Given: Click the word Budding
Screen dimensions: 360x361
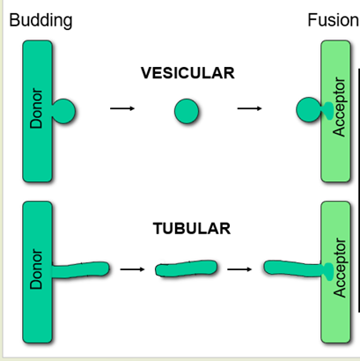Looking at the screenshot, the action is [40, 21].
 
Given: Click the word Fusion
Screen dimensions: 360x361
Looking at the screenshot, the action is [334, 20].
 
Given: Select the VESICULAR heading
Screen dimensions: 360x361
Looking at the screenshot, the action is [187, 73].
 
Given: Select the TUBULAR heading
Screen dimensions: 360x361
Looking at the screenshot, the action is [192, 228].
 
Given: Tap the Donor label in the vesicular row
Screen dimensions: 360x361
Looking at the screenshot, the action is [36, 108].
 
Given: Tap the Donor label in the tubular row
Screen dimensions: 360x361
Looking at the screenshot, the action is [36, 269].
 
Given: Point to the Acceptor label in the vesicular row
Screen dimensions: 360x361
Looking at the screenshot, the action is [339, 107].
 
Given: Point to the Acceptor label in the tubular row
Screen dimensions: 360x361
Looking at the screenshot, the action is [340, 268].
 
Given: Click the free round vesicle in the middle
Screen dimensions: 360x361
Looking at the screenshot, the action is [187, 111].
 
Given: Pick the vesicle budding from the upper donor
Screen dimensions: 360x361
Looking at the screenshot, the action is [63, 111].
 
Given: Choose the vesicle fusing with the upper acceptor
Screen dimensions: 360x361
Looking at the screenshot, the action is [309, 110].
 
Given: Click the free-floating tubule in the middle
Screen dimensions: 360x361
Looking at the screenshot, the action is [187, 269].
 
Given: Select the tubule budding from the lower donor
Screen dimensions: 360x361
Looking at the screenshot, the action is [81, 269].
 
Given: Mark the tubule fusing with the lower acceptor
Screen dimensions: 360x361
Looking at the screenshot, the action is [293, 269].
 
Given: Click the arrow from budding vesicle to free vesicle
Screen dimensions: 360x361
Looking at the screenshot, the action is [122, 108].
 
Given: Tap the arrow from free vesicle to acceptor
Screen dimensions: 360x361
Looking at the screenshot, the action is [249, 108].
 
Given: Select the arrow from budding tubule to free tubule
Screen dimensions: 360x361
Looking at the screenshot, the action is [132, 269].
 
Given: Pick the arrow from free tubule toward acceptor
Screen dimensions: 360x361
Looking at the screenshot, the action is [239, 269].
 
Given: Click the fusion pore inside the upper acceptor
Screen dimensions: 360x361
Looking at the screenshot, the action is [327, 111].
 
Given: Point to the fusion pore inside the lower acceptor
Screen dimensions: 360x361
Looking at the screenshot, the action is [327, 272].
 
